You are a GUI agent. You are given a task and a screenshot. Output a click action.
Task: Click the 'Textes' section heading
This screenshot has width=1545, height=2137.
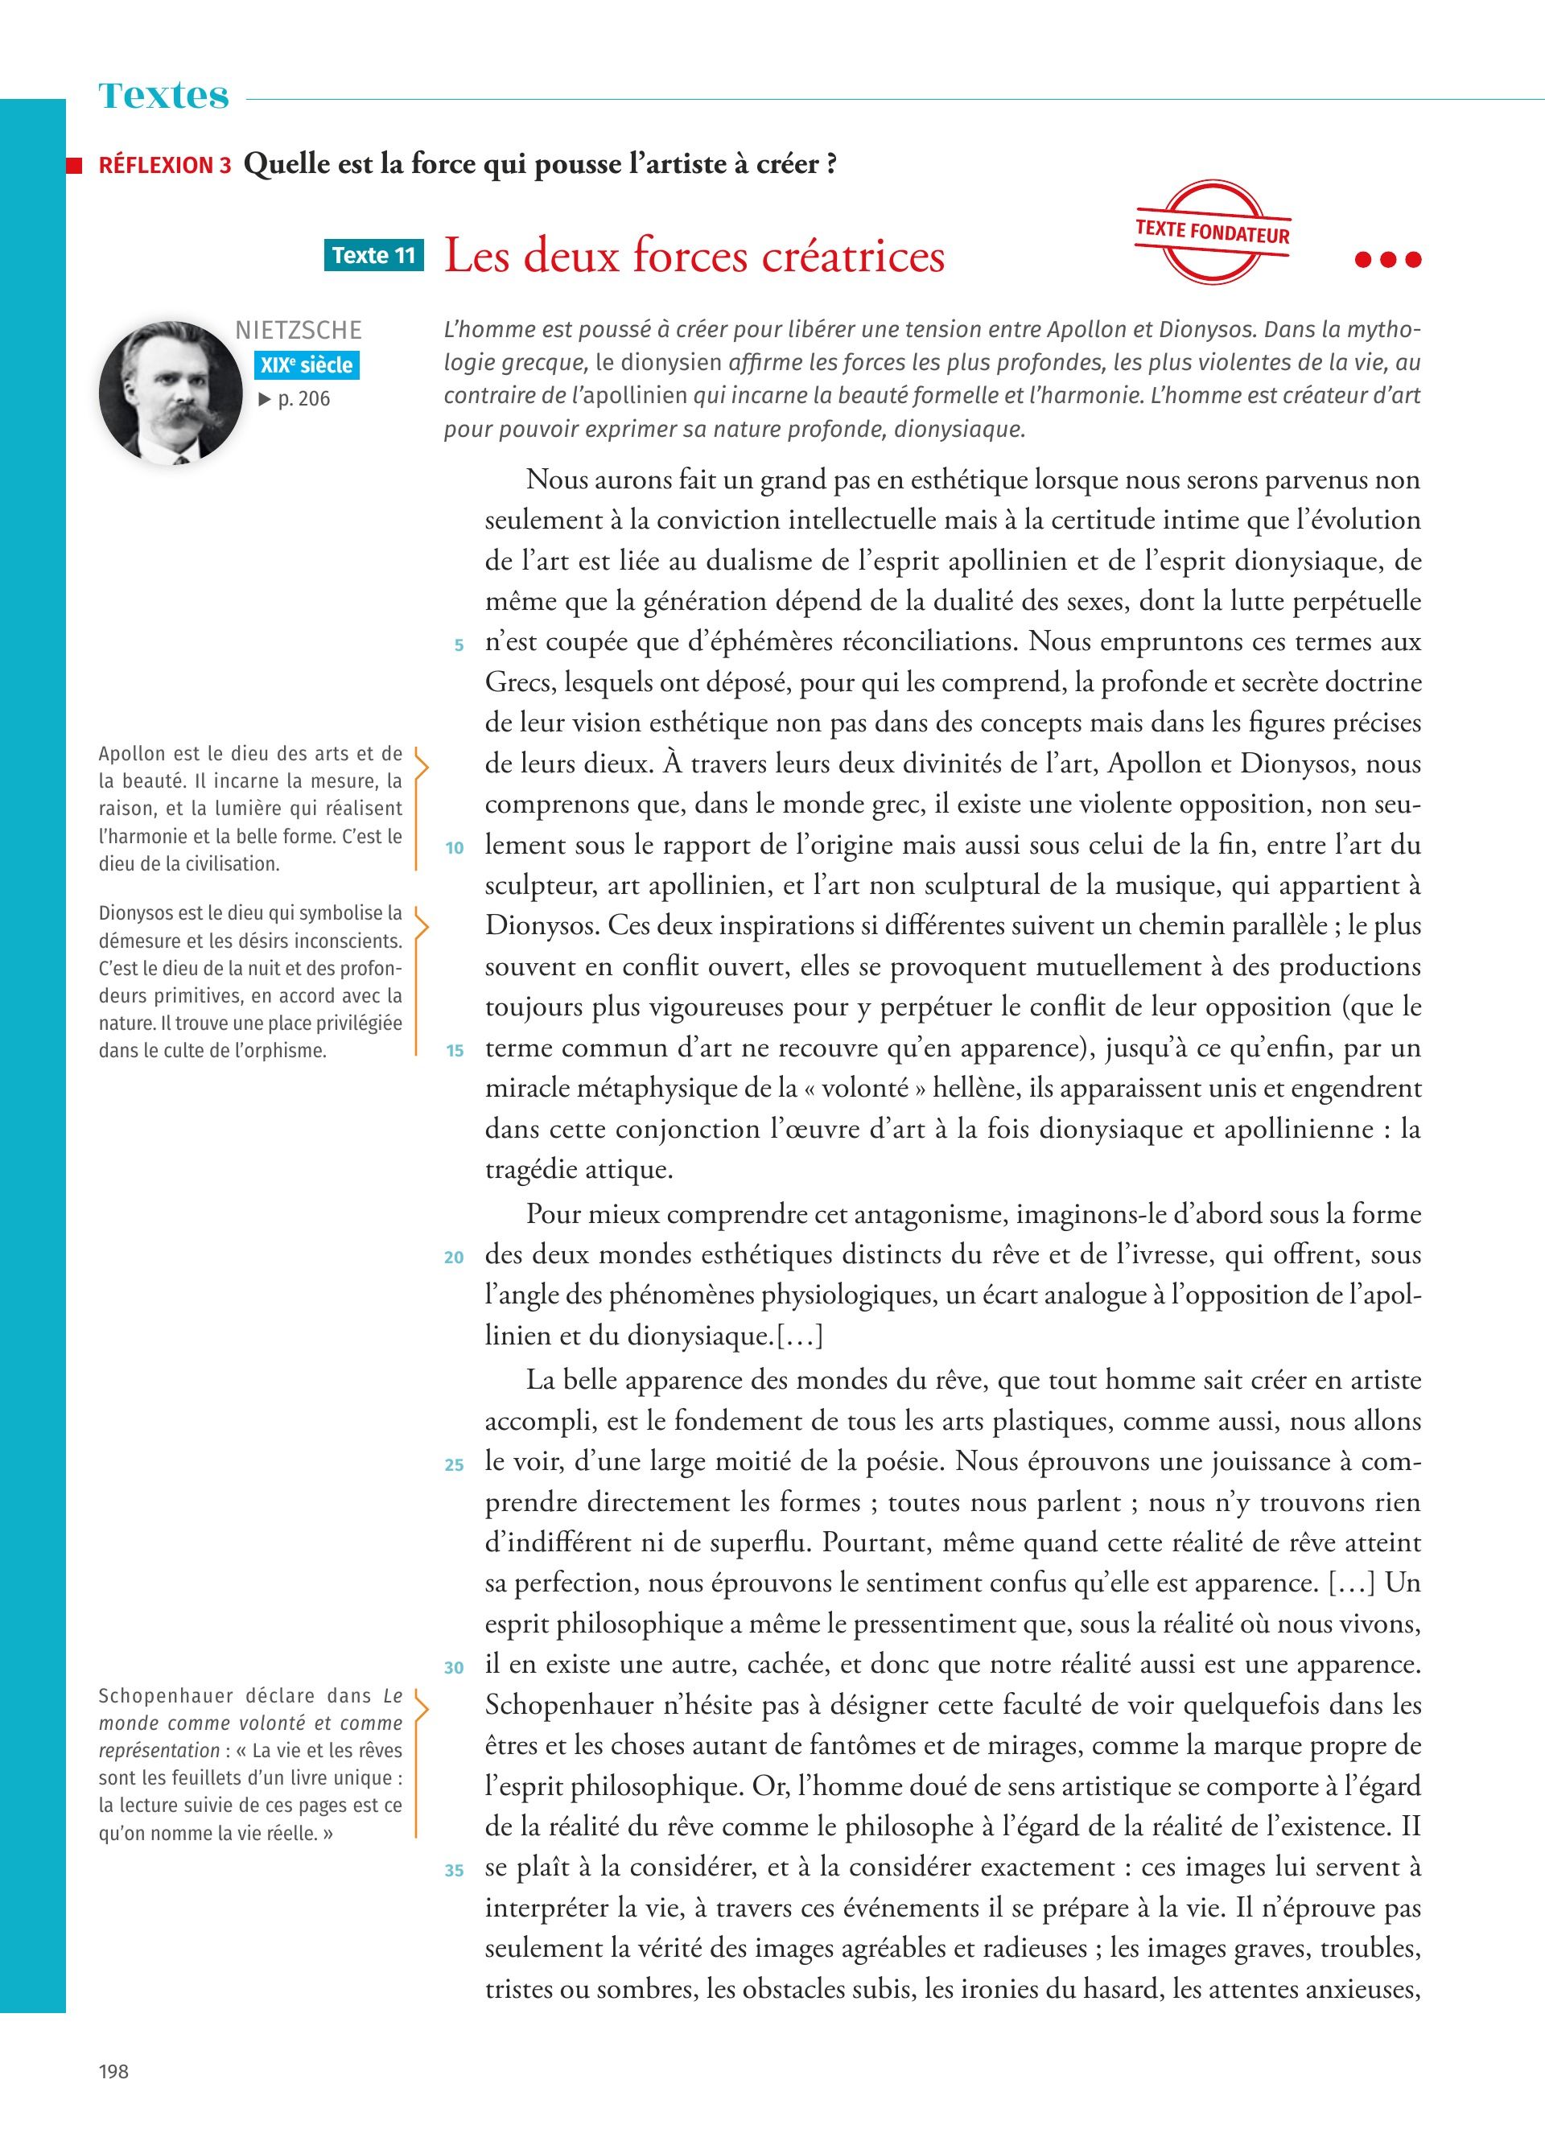click(x=164, y=96)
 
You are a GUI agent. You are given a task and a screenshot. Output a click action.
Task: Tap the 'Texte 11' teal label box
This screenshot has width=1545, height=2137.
click(x=374, y=255)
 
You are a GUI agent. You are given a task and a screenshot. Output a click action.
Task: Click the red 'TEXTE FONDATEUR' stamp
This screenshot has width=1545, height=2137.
click(x=1213, y=231)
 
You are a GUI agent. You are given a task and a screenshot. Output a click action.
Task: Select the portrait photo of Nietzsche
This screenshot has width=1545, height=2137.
click(x=171, y=392)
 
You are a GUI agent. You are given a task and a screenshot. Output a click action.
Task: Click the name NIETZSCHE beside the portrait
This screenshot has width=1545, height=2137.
click(x=299, y=331)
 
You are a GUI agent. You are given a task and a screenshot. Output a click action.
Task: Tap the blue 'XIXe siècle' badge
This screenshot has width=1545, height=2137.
click(x=306, y=365)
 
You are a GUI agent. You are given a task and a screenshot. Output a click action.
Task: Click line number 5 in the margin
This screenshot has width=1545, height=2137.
click(x=459, y=645)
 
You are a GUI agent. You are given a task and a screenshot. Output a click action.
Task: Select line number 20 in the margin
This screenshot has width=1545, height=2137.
click(x=454, y=1258)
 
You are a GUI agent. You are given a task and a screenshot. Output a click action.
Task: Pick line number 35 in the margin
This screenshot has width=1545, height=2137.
click(x=454, y=1871)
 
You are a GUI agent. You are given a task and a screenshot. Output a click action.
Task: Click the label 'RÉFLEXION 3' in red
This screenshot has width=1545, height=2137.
click(x=165, y=166)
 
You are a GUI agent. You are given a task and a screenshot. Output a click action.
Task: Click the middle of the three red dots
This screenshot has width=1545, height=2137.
click(x=1387, y=260)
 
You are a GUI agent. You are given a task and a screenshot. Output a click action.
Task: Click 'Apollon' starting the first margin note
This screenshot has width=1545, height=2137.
click(x=132, y=754)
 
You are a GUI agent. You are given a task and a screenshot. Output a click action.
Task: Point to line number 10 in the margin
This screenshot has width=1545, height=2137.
click(x=454, y=848)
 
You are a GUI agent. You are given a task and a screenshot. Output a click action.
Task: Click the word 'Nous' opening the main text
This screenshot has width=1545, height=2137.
click(x=557, y=480)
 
